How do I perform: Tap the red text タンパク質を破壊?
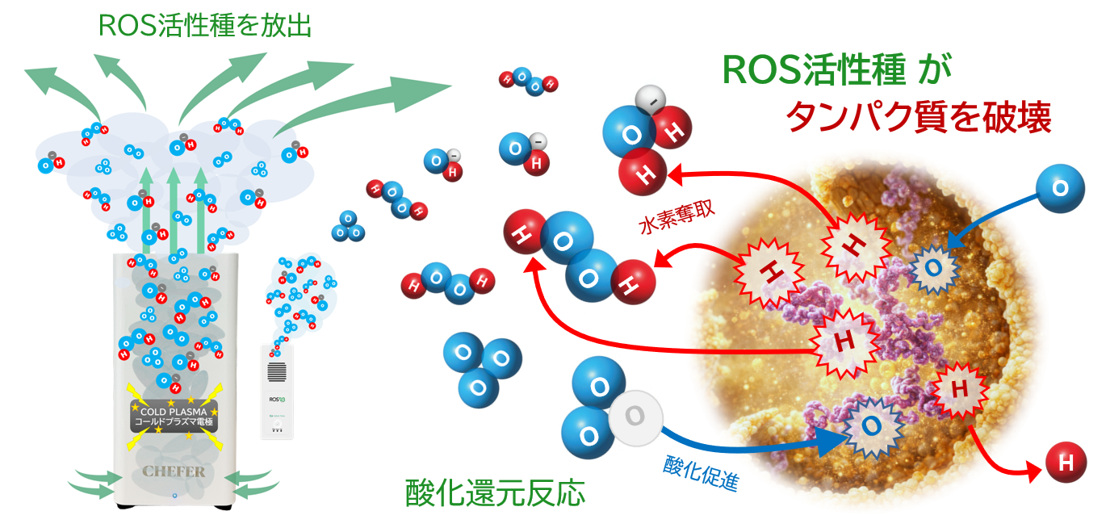(919, 118)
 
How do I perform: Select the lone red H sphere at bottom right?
(1066, 463)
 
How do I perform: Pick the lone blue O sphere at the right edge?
(1061, 188)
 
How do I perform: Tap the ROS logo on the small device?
(278, 399)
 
